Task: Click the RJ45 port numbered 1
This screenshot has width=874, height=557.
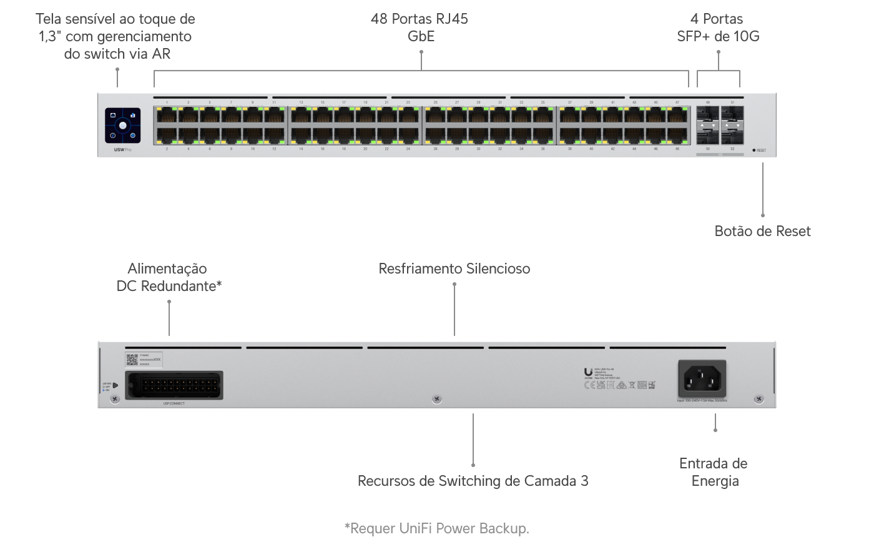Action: coord(167,115)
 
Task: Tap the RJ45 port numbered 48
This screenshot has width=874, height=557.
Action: coord(677,135)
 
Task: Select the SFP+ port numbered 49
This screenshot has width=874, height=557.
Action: coord(708,115)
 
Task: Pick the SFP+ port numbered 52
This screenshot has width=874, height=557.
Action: coord(732,136)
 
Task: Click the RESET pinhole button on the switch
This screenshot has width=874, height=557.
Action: coord(754,150)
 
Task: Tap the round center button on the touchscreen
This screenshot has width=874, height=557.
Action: coord(123,126)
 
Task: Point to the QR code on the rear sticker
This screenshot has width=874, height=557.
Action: coord(132,359)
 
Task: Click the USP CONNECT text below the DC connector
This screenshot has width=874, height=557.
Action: coord(174,403)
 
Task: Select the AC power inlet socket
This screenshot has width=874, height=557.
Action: coord(702,379)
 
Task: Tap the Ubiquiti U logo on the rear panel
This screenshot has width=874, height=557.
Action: coord(588,373)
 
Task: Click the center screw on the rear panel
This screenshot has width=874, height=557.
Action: coord(436,398)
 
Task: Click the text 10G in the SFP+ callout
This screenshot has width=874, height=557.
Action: coord(745,36)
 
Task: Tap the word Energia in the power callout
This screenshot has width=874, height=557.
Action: coord(715,481)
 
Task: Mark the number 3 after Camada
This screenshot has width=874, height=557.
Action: coord(584,481)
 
